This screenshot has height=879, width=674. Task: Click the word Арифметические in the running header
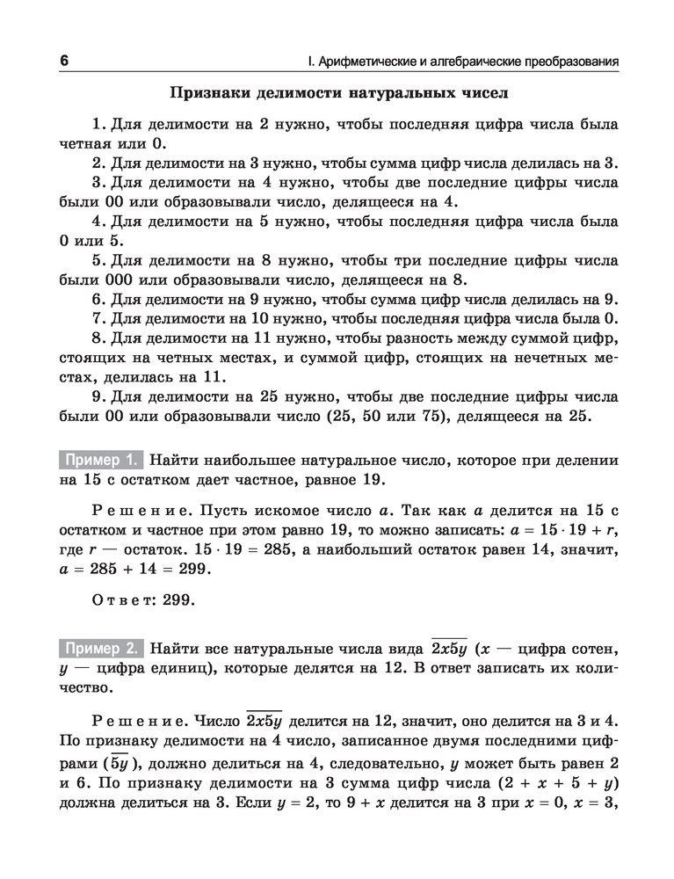(x=366, y=62)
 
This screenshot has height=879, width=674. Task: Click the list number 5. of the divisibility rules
(x=98, y=261)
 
